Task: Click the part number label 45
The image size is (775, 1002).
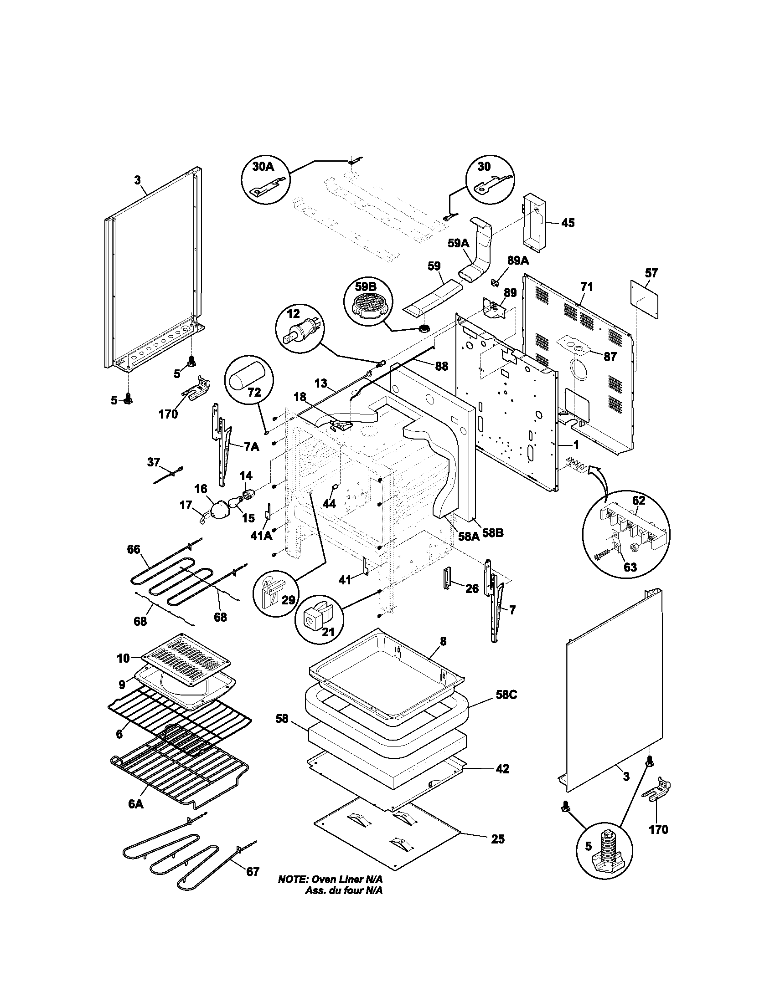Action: [x=568, y=223]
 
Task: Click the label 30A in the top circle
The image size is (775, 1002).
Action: [x=263, y=167]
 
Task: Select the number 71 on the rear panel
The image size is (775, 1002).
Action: [x=586, y=287]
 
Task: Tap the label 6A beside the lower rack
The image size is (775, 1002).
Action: [x=136, y=804]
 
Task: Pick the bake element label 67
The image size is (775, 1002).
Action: [x=253, y=871]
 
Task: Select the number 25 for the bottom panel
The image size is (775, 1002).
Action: [x=497, y=839]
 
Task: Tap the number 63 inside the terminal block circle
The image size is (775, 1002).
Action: [x=630, y=567]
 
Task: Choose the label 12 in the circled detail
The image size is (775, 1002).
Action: [x=293, y=314]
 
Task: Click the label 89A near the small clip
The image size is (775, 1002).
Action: [x=517, y=261]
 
